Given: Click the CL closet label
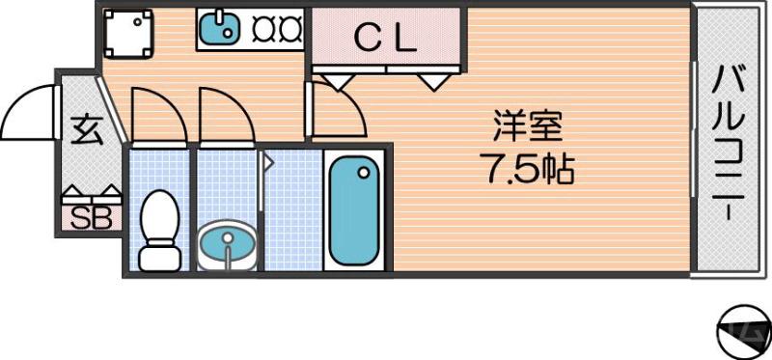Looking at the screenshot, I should point(386,39).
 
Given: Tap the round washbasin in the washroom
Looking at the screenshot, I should point(228,243).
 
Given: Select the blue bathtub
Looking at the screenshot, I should point(353,210).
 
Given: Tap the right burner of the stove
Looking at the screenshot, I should point(289,30).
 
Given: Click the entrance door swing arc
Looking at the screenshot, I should point(29,111).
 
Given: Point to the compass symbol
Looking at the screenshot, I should point(743,330).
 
